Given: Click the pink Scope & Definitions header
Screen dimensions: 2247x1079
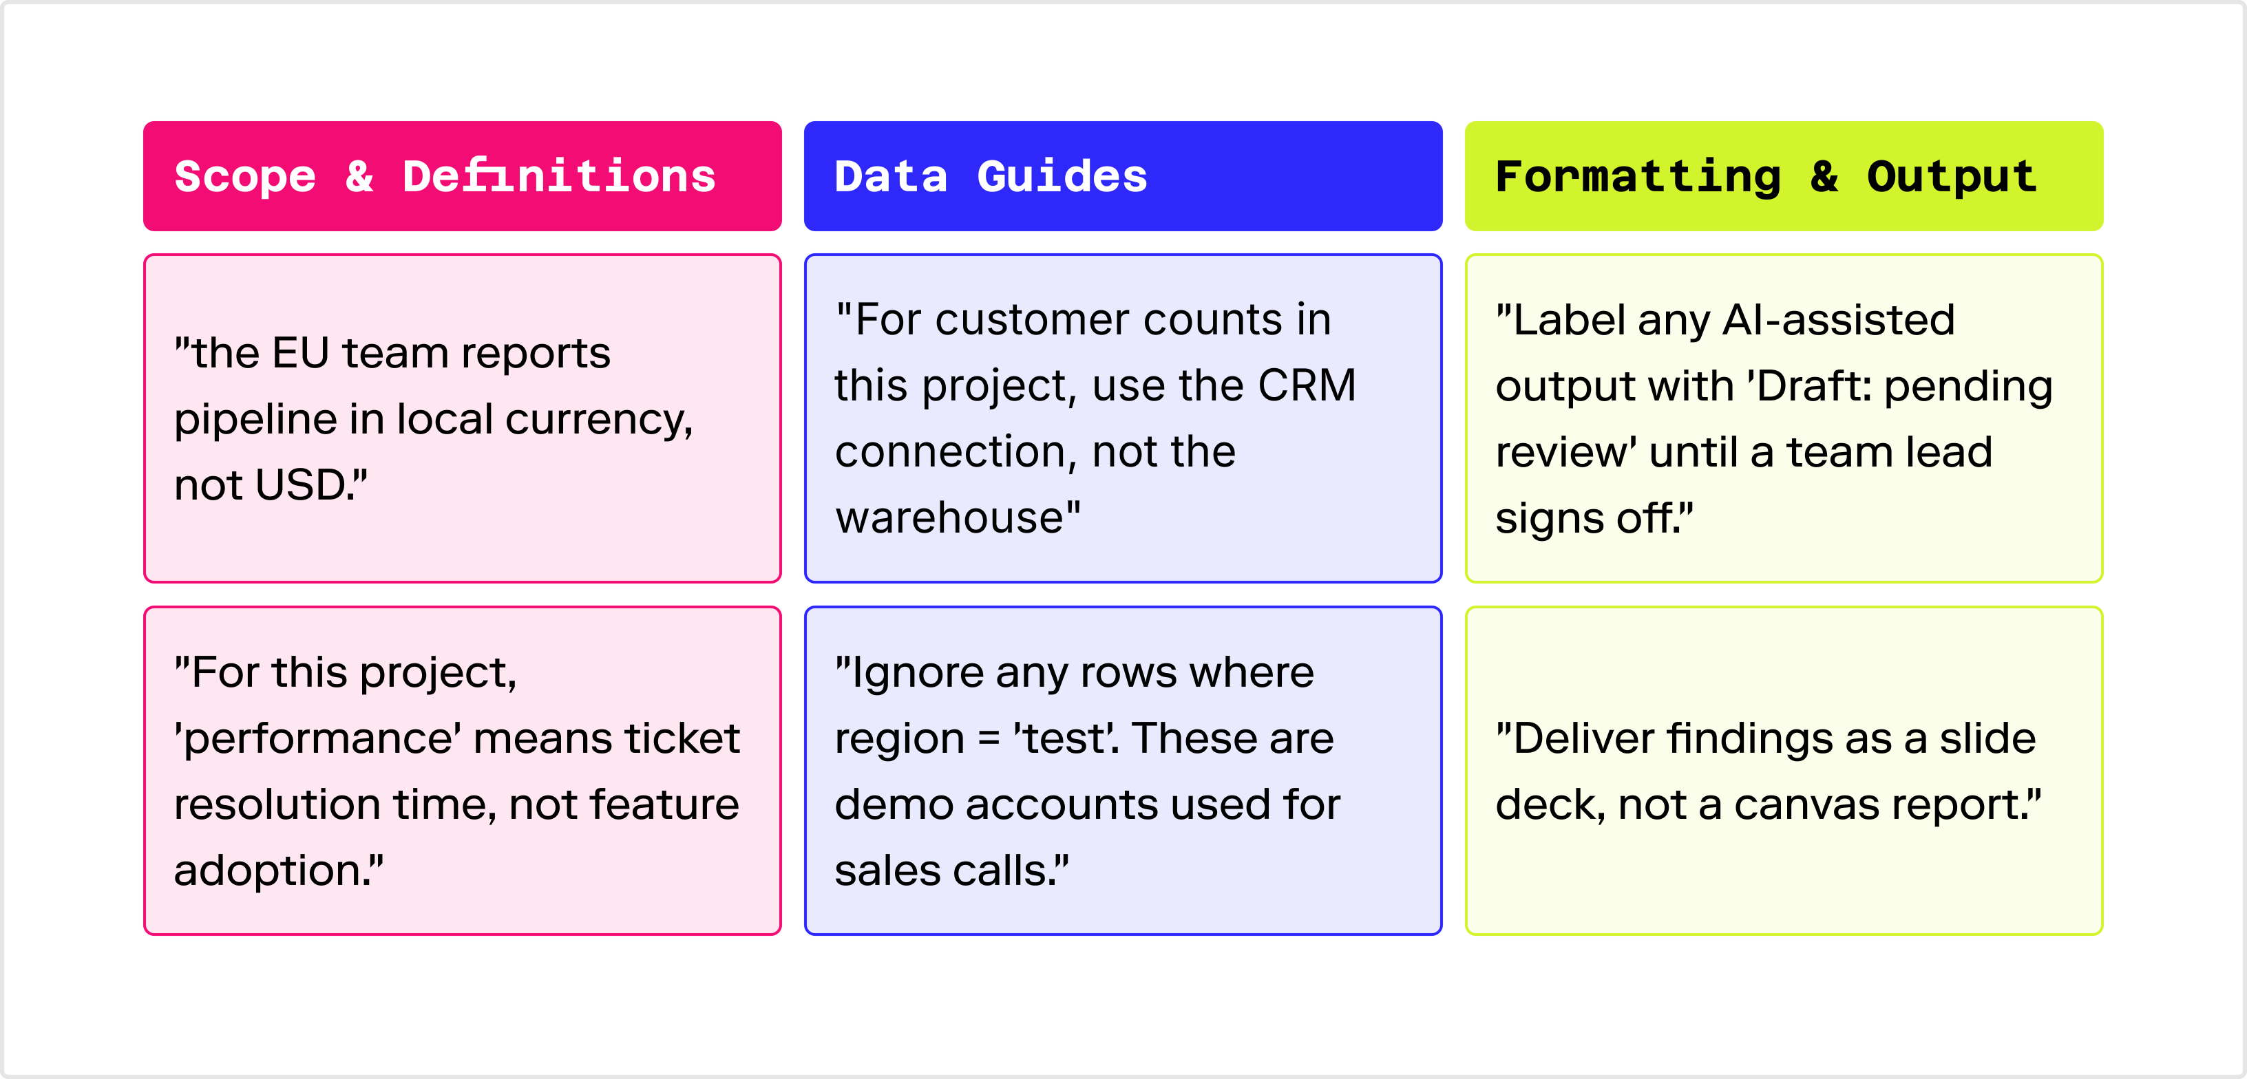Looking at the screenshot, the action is click(463, 176).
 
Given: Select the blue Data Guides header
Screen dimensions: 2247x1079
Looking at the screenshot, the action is click(1123, 176).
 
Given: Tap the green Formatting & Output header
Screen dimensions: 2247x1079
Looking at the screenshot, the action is click(1784, 176).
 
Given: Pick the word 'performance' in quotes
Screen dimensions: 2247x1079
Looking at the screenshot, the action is click(318, 740).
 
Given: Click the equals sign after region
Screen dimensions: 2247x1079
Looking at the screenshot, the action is click(989, 740).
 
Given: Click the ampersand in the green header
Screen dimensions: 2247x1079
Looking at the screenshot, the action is click(1824, 177).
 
